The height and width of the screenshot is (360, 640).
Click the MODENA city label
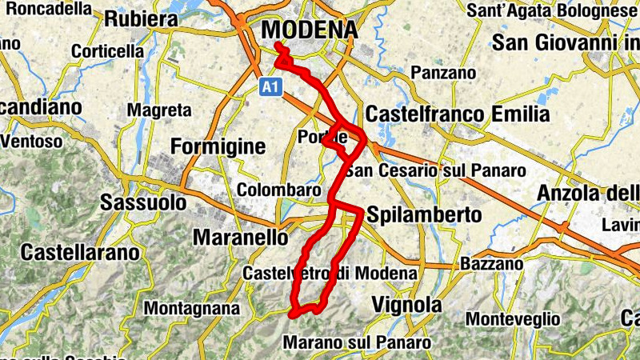click(310, 29)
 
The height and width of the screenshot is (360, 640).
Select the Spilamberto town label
click(423, 215)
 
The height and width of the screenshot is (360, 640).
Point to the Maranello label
click(241, 238)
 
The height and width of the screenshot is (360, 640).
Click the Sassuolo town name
click(143, 203)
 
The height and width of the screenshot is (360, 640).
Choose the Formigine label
click(218, 147)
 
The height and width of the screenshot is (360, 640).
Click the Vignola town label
click(407, 305)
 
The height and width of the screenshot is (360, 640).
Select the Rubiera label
click(141, 18)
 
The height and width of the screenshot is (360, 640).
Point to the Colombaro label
click(278, 190)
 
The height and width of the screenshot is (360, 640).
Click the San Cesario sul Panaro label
click(434, 170)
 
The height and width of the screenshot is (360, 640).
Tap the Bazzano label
click(492, 263)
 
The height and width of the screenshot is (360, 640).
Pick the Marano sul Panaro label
click(357, 342)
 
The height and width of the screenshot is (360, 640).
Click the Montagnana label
click(191, 308)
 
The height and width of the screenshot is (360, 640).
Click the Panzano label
click(442, 73)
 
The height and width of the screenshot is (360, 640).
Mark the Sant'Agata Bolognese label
click(559, 11)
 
